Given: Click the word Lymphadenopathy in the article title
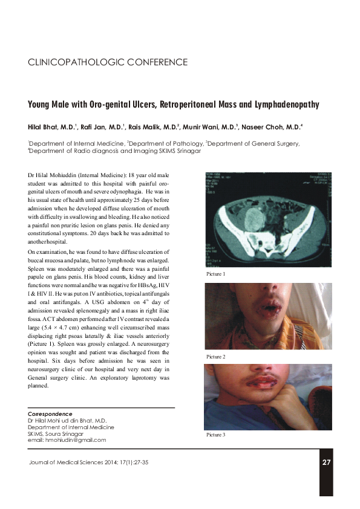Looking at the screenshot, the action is pyautogui.click(x=282, y=105).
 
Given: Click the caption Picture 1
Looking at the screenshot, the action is pyautogui.click(x=215, y=274).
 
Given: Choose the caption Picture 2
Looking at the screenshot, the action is pyautogui.click(x=215, y=357).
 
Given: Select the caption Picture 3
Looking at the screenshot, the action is pyautogui.click(x=215, y=435).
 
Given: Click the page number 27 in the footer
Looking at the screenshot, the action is pyautogui.click(x=326, y=463).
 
